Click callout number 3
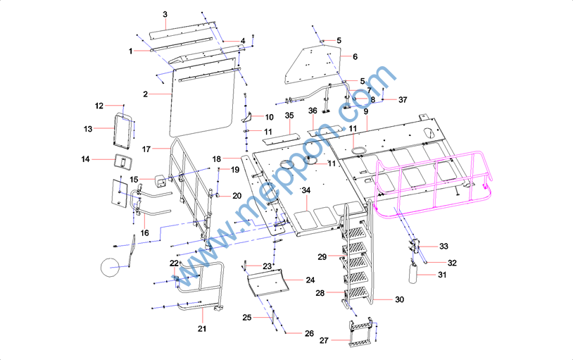tap(165, 14)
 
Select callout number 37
tap(403, 99)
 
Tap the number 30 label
tap(399, 299)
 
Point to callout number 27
tap(325, 340)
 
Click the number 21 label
tap(202, 328)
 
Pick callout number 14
tap(85, 160)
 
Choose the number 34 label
tap(306, 191)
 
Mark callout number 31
tap(442, 275)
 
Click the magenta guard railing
tap(429, 180)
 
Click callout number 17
tap(146, 149)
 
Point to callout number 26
tap(309, 333)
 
